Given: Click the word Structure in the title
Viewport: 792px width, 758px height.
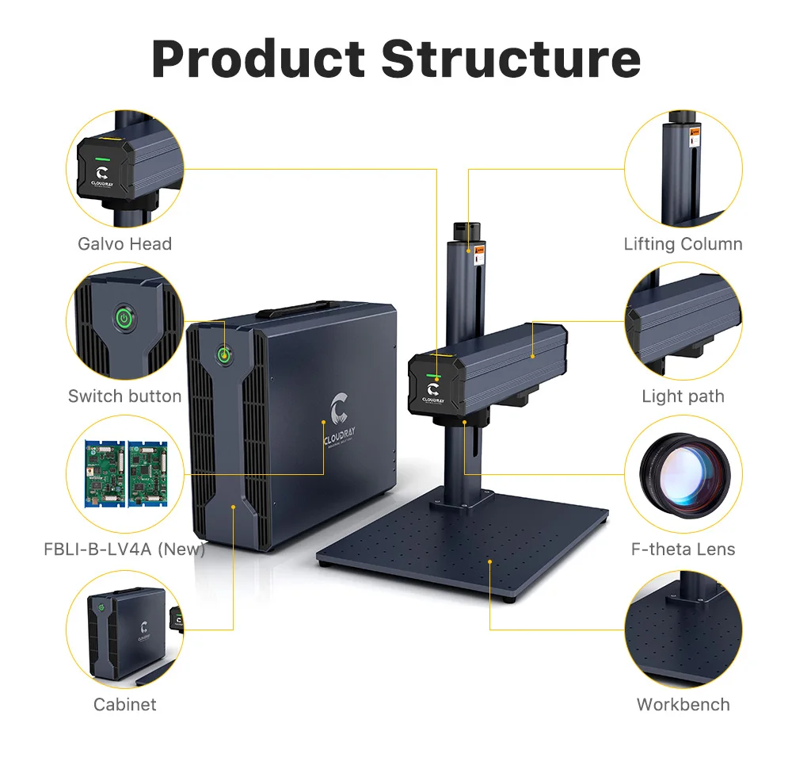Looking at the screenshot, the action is pos(511,59).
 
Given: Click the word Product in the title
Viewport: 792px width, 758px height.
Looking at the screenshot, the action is pos(258,59).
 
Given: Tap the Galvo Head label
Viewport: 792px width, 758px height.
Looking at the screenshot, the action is pos(125,243).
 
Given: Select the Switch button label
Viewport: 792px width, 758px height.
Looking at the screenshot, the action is pos(125,396).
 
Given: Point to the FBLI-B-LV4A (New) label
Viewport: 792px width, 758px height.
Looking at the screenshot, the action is pos(125,549).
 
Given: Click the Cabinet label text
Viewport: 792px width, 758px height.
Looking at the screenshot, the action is pos(125,704).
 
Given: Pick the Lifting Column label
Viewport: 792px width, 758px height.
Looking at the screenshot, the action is pos(683,243).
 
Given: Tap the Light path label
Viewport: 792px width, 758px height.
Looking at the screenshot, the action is pos(683,396).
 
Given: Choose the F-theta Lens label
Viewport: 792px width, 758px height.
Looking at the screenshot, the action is pos(683,549).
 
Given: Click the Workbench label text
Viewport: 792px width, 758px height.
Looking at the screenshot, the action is pos(683,704).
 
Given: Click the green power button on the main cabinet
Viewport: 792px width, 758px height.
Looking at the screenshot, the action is pos(224,355).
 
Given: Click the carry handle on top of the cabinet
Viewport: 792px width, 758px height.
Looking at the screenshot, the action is pos(299,308).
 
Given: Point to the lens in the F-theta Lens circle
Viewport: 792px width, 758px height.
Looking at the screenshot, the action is pos(684,473).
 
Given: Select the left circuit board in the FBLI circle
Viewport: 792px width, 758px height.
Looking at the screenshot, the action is pos(105,473).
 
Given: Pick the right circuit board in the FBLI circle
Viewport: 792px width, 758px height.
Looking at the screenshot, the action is pos(147,473).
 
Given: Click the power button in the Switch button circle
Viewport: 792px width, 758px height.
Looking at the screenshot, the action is pos(124,319).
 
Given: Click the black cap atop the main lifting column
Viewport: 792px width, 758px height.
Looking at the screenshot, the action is pos(466,233).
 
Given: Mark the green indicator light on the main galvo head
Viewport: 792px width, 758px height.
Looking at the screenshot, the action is pos(433,376).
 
